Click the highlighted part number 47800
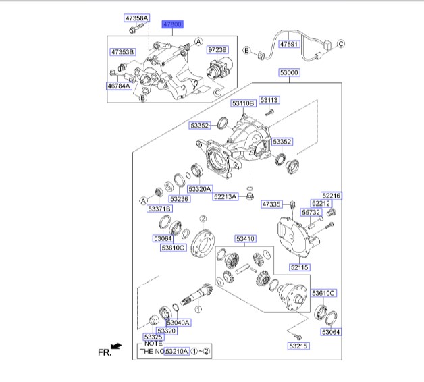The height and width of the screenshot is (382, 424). tap(173, 24)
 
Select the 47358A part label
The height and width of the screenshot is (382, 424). tap(137, 18)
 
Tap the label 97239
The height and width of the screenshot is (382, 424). tap(217, 50)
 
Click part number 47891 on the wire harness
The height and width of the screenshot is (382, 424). tap(289, 44)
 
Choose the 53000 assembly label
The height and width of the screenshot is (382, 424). tap(289, 72)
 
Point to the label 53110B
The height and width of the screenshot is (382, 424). tap(243, 103)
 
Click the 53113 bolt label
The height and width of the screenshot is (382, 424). tap(269, 100)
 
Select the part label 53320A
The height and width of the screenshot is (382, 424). tap(200, 189)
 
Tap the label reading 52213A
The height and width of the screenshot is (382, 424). tap(226, 196)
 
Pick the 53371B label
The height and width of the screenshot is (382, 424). tap(160, 209)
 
